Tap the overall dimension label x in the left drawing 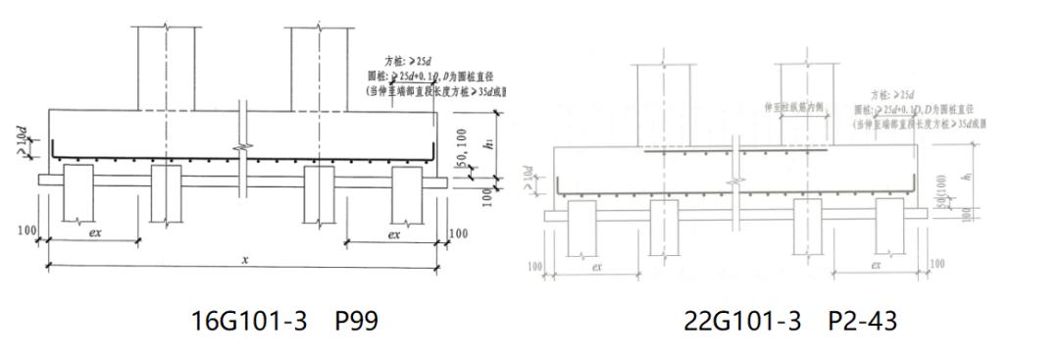click(244, 258)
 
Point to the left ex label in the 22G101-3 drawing click(596, 265)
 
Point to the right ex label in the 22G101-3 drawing click(875, 265)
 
